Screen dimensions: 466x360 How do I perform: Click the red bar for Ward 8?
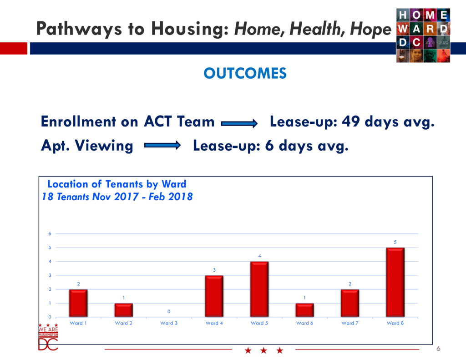point(395,282)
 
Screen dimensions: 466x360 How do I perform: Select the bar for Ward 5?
point(259,289)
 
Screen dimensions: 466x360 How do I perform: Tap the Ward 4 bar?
point(214,296)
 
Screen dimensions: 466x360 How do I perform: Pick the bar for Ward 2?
point(124,310)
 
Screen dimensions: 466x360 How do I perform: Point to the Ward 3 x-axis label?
point(169,323)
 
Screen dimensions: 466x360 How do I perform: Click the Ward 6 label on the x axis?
point(304,323)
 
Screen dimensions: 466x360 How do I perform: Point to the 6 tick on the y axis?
point(50,233)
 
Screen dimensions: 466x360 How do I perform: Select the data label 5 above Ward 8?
point(395,242)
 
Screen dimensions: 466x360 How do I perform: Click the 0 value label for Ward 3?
point(169,312)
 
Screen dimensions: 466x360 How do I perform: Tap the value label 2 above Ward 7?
point(350,284)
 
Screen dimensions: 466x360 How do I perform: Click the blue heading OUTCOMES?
point(245,73)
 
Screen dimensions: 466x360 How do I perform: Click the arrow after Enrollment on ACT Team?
point(239,123)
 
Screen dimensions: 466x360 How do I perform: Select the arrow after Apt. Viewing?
point(162,145)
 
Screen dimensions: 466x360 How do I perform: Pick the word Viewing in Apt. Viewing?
point(104,146)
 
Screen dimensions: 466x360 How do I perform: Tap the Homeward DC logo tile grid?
point(423,35)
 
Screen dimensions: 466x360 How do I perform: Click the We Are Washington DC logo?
point(48,337)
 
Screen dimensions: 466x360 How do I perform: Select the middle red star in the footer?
point(263,350)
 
